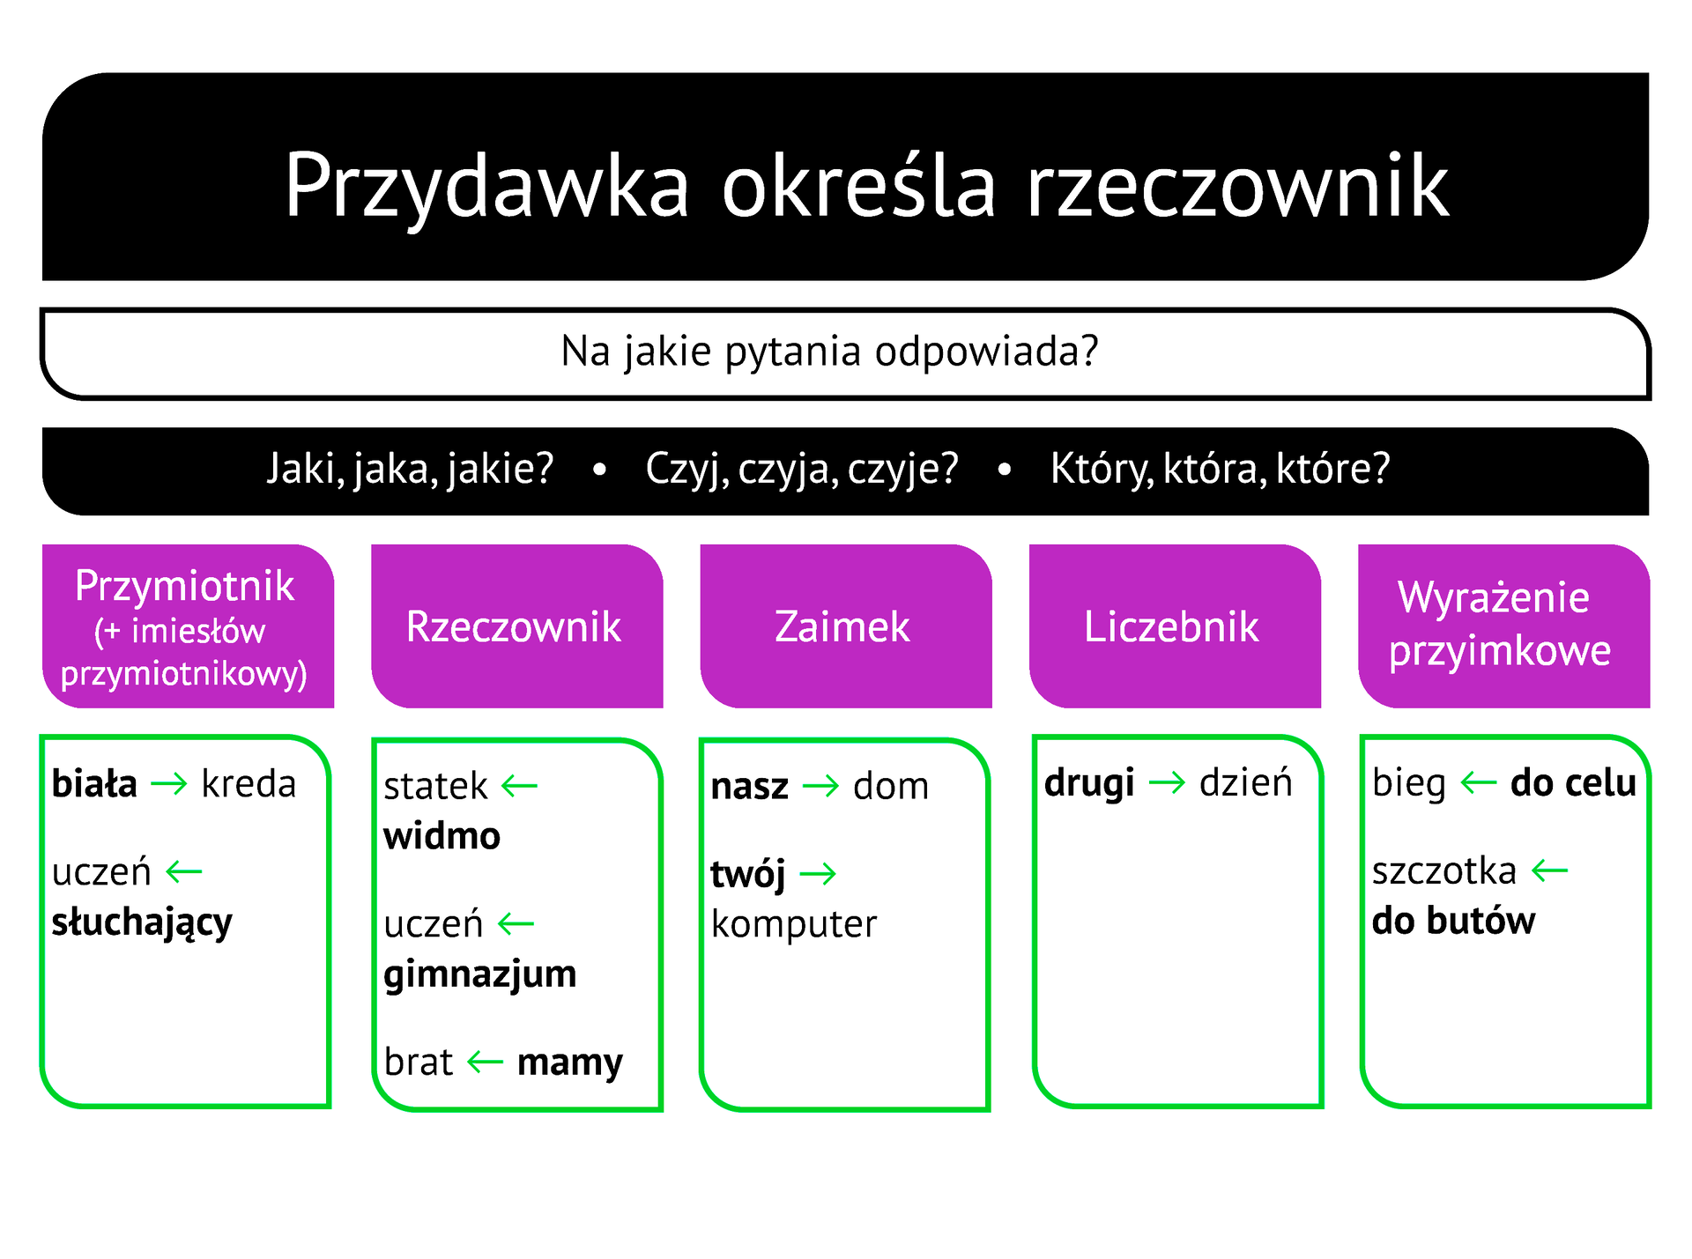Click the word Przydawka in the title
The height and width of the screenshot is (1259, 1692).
(486, 185)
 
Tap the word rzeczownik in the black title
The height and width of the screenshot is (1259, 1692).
(1237, 185)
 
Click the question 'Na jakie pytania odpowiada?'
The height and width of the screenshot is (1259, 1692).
(829, 352)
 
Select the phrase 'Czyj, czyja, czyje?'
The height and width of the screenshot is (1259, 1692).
(801, 469)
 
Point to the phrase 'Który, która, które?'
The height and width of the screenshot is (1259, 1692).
(1220, 469)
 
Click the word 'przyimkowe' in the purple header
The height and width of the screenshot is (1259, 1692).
(1499, 651)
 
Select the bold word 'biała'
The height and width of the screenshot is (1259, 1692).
(94, 784)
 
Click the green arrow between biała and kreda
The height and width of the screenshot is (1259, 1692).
(169, 784)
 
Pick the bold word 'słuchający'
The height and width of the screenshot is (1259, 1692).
(142, 922)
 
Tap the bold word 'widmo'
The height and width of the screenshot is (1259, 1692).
(442, 836)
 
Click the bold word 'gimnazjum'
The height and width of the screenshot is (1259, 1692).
(479, 974)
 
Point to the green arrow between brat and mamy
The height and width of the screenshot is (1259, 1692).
(485, 1062)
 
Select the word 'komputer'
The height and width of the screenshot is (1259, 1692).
(794, 924)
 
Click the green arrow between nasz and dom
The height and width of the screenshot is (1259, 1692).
(820, 786)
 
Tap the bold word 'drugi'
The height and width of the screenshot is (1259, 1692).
(1089, 783)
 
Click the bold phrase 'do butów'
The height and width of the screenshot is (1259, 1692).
(1453, 922)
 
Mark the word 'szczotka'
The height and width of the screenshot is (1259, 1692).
(1443, 871)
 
